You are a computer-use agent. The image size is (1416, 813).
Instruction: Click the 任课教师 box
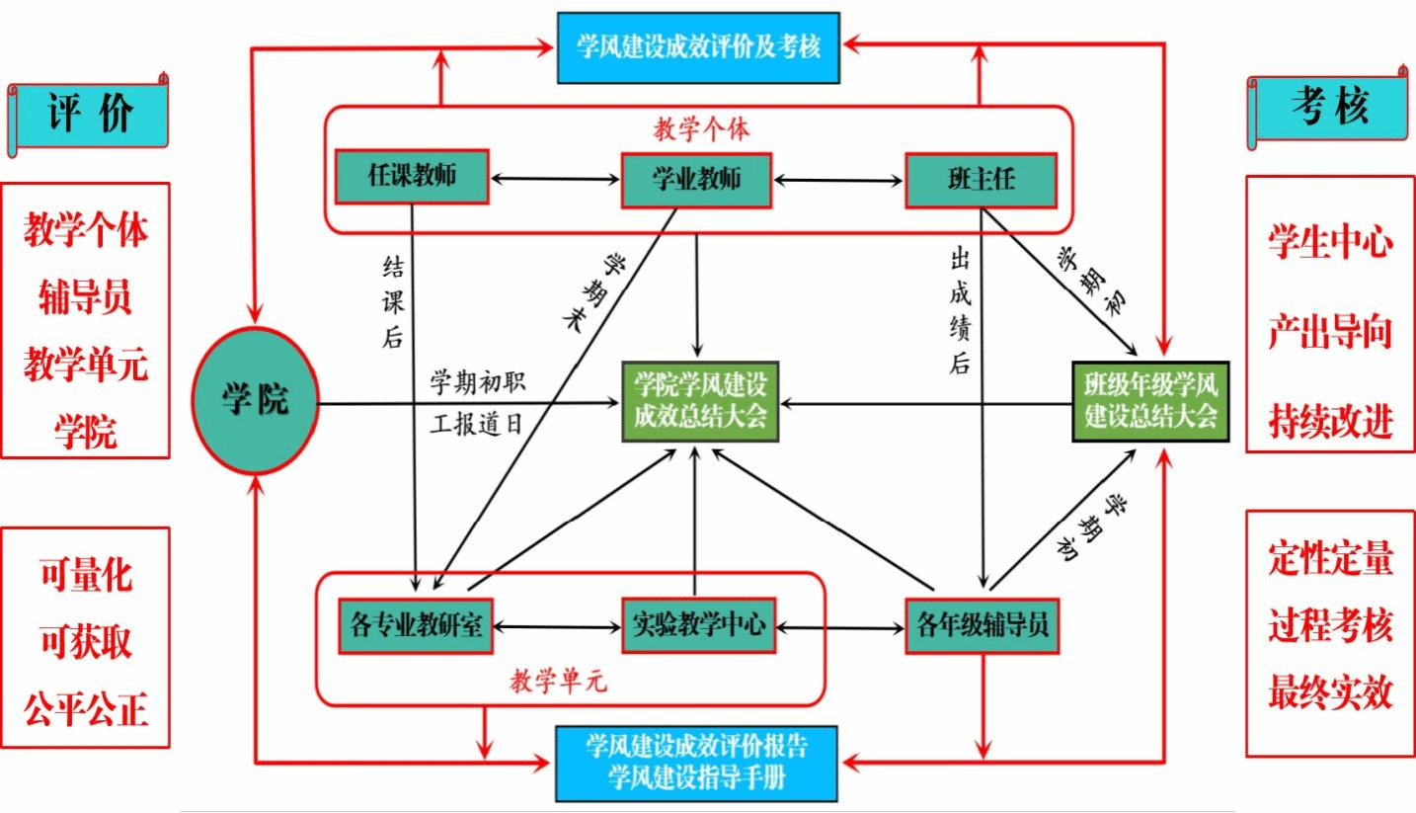coord(413,178)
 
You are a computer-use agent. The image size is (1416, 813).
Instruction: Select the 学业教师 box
coord(696,179)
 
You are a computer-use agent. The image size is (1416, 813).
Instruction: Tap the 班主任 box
coord(982,179)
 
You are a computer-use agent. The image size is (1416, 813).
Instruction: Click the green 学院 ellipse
coord(255,401)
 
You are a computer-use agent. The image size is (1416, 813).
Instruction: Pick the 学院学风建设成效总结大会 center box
coord(699,402)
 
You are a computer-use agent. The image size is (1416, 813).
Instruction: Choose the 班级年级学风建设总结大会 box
coord(1150,401)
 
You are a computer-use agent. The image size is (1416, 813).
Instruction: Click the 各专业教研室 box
coord(415,625)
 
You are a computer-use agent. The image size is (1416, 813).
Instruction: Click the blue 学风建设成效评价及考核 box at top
coord(698,46)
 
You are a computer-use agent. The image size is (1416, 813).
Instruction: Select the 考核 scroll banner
coord(1329,107)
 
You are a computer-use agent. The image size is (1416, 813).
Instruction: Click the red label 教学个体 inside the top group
coord(701,128)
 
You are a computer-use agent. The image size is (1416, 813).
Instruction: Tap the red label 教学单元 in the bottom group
coord(558,681)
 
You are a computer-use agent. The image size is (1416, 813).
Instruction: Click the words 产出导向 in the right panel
coord(1330,333)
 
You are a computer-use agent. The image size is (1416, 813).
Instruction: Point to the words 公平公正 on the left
coord(86,708)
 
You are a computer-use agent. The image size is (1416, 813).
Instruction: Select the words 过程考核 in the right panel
coord(1330,627)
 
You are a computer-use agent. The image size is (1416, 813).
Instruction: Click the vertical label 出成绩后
coord(959,311)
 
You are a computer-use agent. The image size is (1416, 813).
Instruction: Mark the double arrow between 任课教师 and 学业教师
coord(554,180)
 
